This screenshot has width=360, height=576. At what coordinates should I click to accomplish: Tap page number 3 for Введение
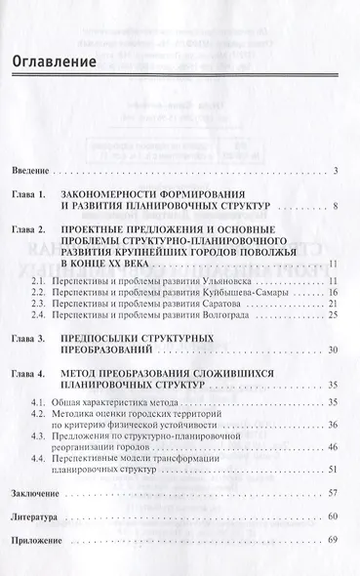coord(334,172)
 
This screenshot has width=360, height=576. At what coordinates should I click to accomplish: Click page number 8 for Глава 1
coord(334,207)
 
